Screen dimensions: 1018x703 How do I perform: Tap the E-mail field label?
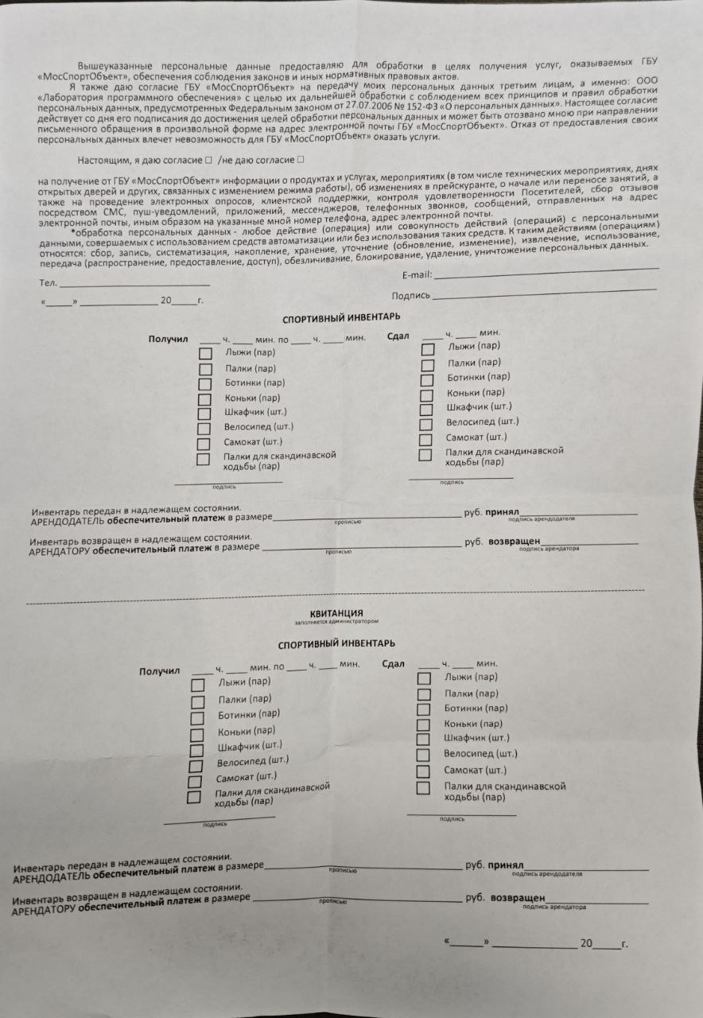pyautogui.click(x=417, y=275)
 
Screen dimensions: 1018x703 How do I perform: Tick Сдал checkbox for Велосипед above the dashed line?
pyautogui.click(x=425, y=423)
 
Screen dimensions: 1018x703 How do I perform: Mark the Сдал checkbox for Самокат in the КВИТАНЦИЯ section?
pyautogui.click(x=424, y=771)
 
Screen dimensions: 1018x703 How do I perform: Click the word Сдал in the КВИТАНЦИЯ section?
pyautogui.click(x=393, y=664)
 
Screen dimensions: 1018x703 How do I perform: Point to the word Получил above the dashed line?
pyautogui.click(x=168, y=340)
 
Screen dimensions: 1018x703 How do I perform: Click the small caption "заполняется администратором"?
pyautogui.click(x=339, y=621)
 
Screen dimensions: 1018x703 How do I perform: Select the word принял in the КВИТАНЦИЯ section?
pyautogui.click(x=505, y=865)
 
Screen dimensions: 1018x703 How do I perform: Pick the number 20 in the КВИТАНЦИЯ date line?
pyautogui.click(x=586, y=943)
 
